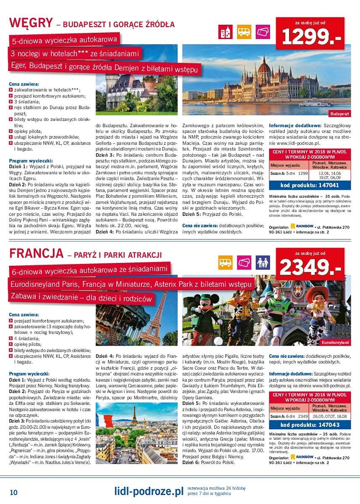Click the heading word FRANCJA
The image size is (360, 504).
37,254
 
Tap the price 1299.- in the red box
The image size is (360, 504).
310,37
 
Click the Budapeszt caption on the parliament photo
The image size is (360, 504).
339,114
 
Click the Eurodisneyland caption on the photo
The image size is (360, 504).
335,342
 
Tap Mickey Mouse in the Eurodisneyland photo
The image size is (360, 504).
217,309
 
